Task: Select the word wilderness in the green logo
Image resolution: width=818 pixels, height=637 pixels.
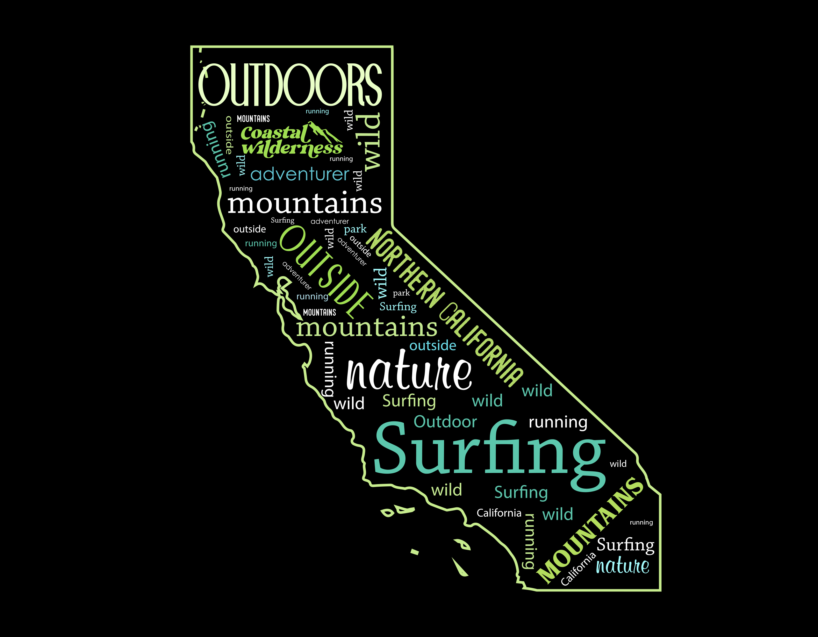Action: click(x=292, y=148)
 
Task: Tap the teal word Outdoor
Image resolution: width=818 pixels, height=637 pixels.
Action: click(x=445, y=422)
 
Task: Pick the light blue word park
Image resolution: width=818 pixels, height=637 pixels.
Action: click(x=355, y=229)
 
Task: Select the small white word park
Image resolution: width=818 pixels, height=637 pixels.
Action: click(x=401, y=293)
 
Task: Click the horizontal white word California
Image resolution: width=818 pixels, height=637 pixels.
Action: click(x=499, y=513)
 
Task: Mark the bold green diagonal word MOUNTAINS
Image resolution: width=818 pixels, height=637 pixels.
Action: click(x=590, y=530)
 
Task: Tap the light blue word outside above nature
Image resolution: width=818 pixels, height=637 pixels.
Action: click(x=433, y=345)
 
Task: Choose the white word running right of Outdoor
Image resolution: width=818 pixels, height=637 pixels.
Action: click(x=558, y=422)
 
